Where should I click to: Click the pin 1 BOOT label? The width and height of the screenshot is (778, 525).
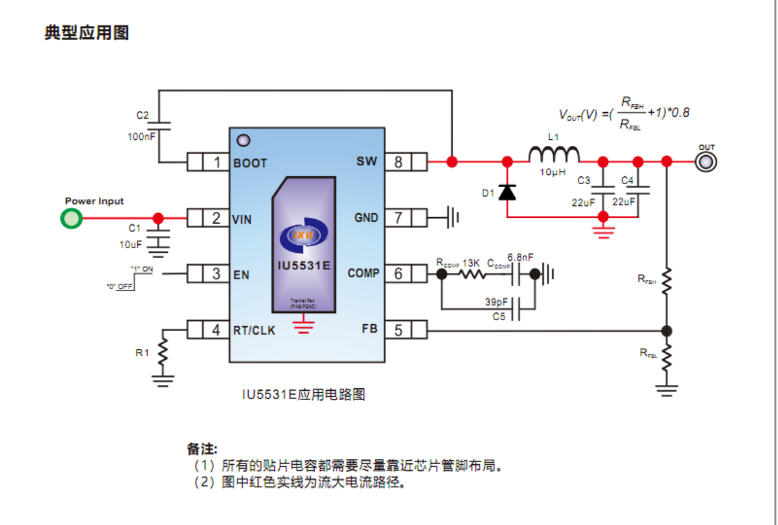click(x=250, y=163)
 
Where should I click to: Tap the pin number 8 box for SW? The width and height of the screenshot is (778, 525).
click(x=398, y=162)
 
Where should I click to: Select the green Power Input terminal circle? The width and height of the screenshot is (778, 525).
click(x=71, y=218)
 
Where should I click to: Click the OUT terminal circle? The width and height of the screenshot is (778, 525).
click(x=705, y=161)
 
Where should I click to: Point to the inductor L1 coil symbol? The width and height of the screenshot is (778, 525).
click(x=554, y=154)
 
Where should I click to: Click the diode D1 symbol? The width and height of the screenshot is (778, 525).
click(x=507, y=192)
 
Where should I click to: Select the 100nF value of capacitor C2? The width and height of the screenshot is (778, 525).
click(x=141, y=137)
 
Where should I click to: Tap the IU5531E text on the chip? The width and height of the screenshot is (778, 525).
click(x=304, y=266)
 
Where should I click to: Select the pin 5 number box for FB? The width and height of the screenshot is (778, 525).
click(x=398, y=331)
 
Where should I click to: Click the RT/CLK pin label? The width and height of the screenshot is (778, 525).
click(x=254, y=331)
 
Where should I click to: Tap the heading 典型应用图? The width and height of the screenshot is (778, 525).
click(x=86, y=33)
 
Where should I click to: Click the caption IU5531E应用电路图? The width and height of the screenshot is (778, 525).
click(x=303, y=394)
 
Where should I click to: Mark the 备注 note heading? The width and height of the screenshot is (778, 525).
click(x=202, y=449)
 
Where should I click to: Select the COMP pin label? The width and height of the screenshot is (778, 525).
click(x=363, y=274)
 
